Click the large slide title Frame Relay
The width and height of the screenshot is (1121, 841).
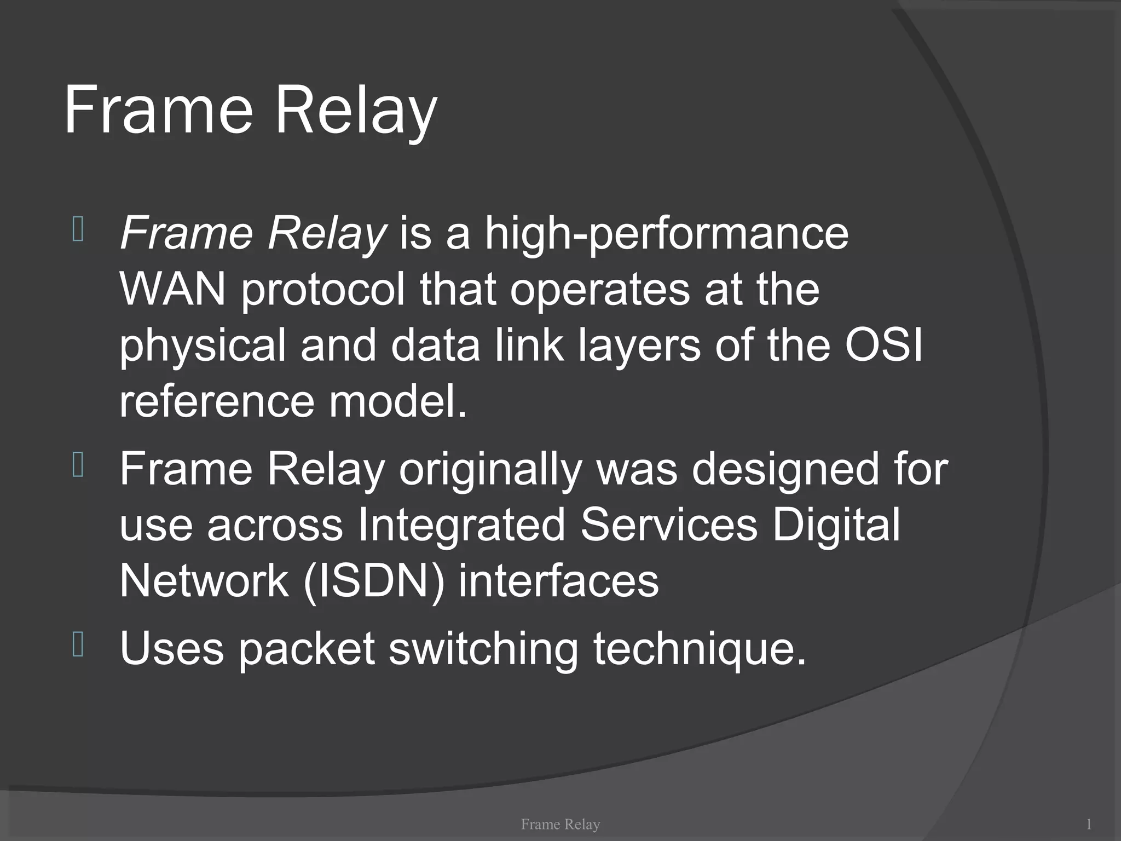(250, 111)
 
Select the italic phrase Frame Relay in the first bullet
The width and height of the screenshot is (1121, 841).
(253, 234)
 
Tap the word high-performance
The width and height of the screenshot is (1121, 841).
(667, 234)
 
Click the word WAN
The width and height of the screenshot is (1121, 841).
(172, 290)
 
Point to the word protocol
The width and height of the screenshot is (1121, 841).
(323, 290)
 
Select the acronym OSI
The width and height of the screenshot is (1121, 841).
(883, 346)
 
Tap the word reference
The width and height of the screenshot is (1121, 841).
(216, 402)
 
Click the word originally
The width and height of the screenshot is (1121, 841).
(489, 470)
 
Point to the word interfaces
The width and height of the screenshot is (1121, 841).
(558, 581)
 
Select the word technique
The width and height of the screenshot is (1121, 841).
(700, 649)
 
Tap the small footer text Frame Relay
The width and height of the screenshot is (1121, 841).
(560, 823)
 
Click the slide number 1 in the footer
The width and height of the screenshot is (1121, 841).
(1089, 823)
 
